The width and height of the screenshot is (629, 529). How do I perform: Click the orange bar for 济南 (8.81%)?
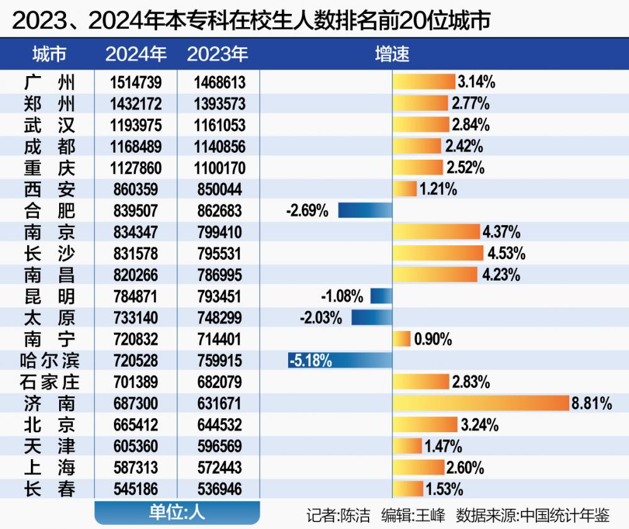pyautogui.click(x=481, y=403)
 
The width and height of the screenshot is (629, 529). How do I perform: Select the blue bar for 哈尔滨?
pyautogui.click(x=340, y=360)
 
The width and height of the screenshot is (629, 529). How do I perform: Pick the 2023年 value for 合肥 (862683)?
pyautogui.click(x=218, y=211)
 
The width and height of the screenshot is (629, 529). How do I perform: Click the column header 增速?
pyautogui.click(x=392, y=54)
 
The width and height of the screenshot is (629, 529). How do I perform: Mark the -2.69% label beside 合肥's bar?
pyautogui.click(x=307, y=211)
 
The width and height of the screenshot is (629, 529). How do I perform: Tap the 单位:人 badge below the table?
pyautogui.click(x=177, y=513)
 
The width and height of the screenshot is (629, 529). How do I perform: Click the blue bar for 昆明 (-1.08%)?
pyautogui.click(x=381, y=296)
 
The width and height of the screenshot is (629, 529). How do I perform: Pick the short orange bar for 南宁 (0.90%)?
pyautogui.click(x=402, y=339)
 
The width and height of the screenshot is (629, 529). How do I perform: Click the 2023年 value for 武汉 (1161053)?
pyautogui.click(x=218, y=125)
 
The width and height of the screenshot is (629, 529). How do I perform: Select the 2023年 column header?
pyautogui.click(x=218, y=54)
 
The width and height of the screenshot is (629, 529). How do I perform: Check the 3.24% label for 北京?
pyautogui.click(x=479, y=425)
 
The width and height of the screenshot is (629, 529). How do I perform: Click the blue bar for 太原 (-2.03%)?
pyautogui.click(x=372, y=318)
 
